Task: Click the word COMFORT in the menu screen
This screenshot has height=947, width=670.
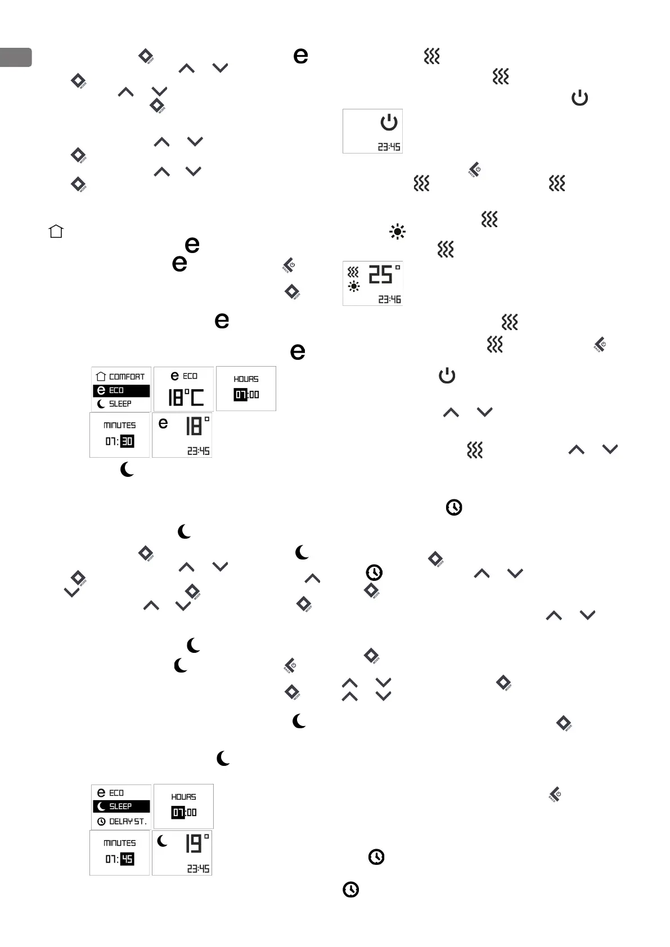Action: pos(127,377)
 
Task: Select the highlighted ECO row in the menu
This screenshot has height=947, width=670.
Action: pos(121,390)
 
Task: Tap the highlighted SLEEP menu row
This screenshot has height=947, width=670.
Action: pos(121,806)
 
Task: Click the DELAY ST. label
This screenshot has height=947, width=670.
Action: pos(128,822)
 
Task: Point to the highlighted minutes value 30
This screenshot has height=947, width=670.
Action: pos(127,441)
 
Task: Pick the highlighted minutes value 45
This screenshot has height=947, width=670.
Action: pos(127,859)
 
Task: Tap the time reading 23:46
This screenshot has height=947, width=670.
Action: pos(389,300)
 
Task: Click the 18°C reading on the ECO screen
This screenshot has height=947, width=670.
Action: pos(186,398)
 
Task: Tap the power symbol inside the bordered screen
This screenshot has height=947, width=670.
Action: pos(389,122)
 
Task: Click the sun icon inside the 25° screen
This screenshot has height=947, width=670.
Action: pos(353,287)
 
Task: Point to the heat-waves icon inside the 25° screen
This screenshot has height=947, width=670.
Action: pos(353,272)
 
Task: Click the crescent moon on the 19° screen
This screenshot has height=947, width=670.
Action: pos(163,841)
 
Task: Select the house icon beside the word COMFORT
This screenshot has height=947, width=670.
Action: pos(101,377)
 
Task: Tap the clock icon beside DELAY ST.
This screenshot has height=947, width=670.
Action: pos(101,822)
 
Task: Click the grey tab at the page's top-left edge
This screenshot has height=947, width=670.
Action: pos(16,57)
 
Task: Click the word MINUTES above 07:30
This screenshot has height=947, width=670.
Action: pos(120,426)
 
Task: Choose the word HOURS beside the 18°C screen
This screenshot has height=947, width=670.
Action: pos(246,379)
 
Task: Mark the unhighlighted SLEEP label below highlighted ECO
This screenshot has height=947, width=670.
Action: pos(120,404)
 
